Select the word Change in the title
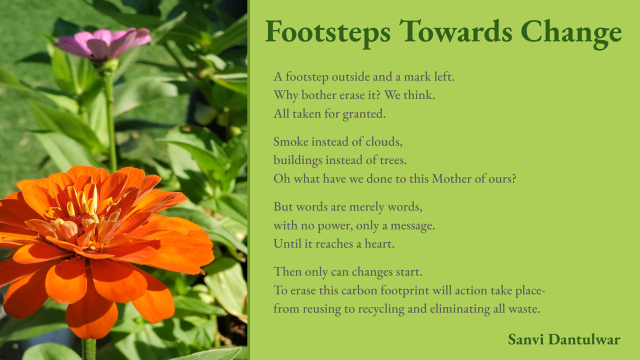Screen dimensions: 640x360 pos(571,33)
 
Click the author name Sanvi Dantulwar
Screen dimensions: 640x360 pos(564,339)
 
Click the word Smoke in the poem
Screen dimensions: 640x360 pos(291,141)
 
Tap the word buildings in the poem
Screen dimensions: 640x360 pos(298,160)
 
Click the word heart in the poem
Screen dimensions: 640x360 pos(379,243)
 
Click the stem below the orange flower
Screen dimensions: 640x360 pos(89,348)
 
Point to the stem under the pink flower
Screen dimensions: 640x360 pos(110,120)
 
